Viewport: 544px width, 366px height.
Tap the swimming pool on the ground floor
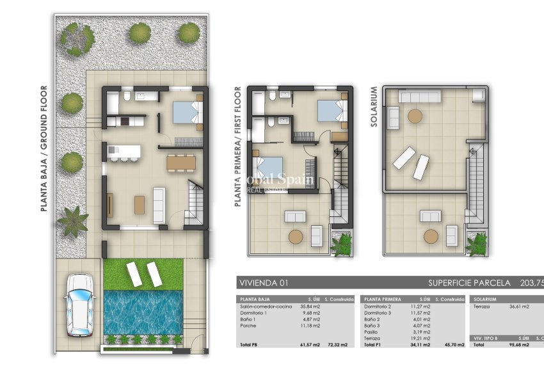(x=143, y=313)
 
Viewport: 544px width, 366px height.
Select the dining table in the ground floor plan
(x=182, y=163)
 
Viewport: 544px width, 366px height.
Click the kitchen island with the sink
(x=123, y=152)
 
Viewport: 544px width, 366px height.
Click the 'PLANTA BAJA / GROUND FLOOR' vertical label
(x=44, y=157)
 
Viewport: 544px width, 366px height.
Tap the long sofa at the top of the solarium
(x=421, y=97)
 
